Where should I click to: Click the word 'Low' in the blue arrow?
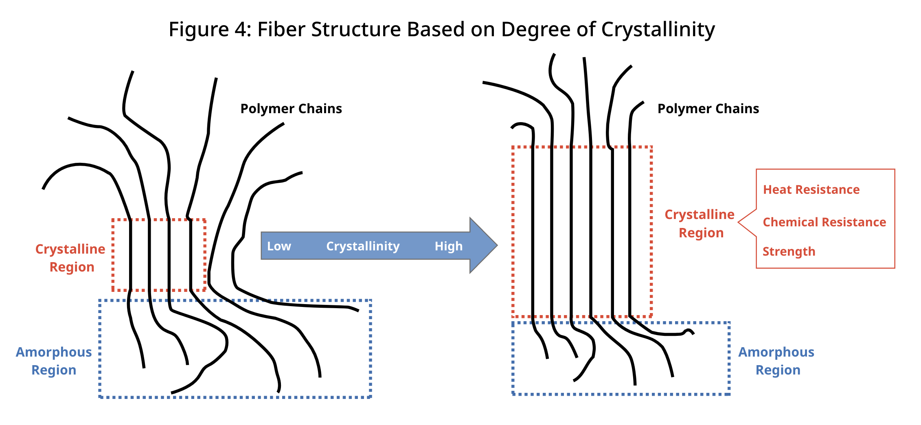point(279,246)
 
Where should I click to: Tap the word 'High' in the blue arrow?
point(448,246)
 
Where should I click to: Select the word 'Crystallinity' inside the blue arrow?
point(363,246)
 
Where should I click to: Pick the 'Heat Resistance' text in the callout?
point(811,190)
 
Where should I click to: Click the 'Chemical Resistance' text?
point(824,222)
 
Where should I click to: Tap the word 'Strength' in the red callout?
point(789,252)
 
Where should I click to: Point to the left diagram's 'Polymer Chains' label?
point(291,109)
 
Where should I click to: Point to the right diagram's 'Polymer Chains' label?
point(708,109)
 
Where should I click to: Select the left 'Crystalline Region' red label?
point(70,258)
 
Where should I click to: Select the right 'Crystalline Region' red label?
point(700,223)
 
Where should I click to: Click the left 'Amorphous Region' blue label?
point(54,361)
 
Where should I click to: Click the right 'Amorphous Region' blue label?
point(776,361)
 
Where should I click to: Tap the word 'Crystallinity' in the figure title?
point(658,30)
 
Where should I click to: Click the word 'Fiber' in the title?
point(281,30)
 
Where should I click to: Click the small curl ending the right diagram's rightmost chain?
point(689,331)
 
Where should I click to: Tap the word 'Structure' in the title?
point(357,30)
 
